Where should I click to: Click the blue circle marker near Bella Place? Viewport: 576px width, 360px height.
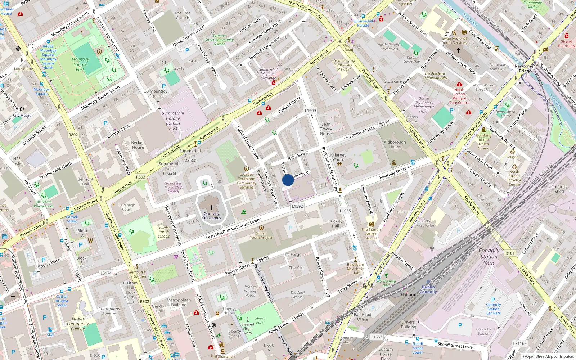(288, 180)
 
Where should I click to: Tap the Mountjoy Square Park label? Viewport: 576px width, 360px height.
(80, 64)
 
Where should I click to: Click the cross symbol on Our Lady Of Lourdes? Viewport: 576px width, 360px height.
(212, 208)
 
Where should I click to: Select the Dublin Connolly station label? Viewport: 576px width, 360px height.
(428, 289)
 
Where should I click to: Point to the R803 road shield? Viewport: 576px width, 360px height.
(141, 177)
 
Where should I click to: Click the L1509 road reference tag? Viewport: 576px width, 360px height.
(310, 111)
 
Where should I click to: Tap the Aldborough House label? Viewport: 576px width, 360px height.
(395, 144)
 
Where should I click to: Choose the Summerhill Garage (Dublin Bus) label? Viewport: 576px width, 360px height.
(173, 121)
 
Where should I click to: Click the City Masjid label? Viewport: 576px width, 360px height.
(22, 116)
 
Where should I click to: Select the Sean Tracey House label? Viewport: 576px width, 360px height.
(326, 129)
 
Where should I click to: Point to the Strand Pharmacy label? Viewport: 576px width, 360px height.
(566, 44)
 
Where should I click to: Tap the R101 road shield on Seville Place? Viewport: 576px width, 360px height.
(510, 253)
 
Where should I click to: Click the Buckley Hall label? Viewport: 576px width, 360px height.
(335, 224)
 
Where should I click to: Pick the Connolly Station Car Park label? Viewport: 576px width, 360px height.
(493, 309)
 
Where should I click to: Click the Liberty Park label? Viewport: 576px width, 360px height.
(260, 320)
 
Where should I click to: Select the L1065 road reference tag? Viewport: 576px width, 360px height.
(345, 211)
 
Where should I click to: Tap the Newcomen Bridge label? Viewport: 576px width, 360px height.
(525, 68)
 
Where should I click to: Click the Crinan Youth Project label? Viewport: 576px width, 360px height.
(261, 235)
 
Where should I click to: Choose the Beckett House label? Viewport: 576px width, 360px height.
(138, 145)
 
